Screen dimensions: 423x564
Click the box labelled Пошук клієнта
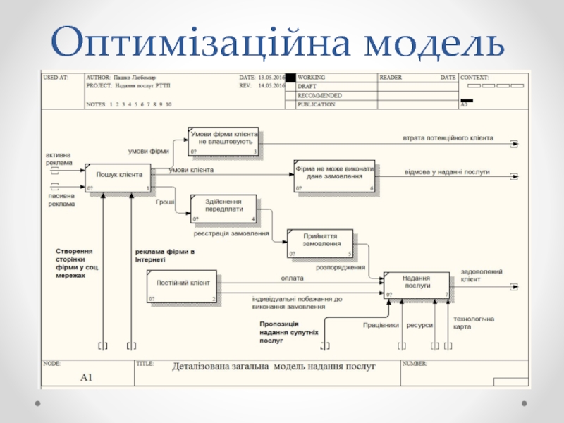click(x=118, y=178)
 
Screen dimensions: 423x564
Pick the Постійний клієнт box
click(x=183, y=287)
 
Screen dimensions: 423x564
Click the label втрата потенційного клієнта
click(x=448, y=137)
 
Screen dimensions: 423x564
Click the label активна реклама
click(x=59, y=159)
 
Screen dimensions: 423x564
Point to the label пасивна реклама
click(x=61, y=200)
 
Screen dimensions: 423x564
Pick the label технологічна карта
click(x=473, y=324)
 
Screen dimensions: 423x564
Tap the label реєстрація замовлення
click(x=232, y=233)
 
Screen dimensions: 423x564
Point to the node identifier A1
click(x=87, y=378)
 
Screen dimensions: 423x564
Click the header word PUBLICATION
click(x=317, y=104)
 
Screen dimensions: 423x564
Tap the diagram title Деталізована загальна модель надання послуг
click(x=274, y=367)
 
